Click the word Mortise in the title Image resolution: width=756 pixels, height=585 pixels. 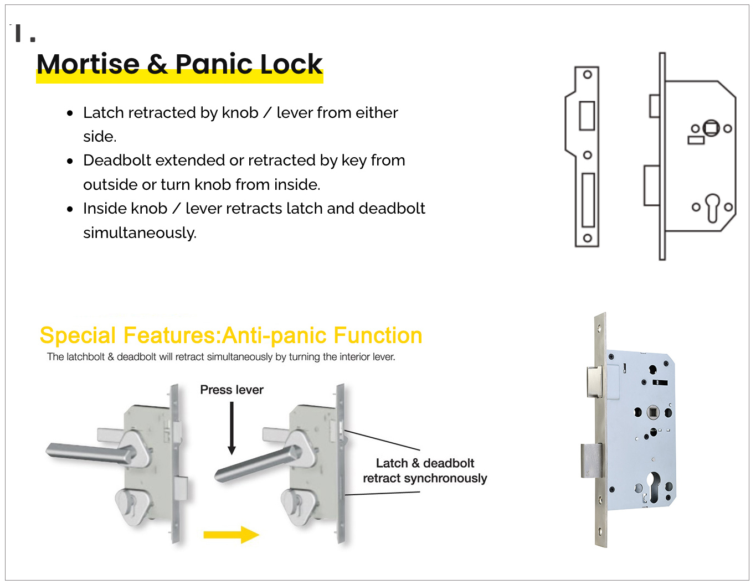tap(88, 64)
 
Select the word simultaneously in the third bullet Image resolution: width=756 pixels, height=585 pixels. tap(140, 233)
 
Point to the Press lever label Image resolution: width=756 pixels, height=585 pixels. tap(232, 390)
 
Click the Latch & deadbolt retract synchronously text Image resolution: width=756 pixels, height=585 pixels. tap(425, 470)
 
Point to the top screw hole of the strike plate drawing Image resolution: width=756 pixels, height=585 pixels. tap(588, 74)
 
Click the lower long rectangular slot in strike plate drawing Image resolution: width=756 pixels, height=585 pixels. tap(588, 200)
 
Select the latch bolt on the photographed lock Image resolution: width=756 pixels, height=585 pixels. tap(594, 381)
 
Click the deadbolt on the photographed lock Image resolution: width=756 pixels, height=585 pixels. tap(592, 460)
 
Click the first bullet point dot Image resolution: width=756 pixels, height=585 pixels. tap(70, 113)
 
